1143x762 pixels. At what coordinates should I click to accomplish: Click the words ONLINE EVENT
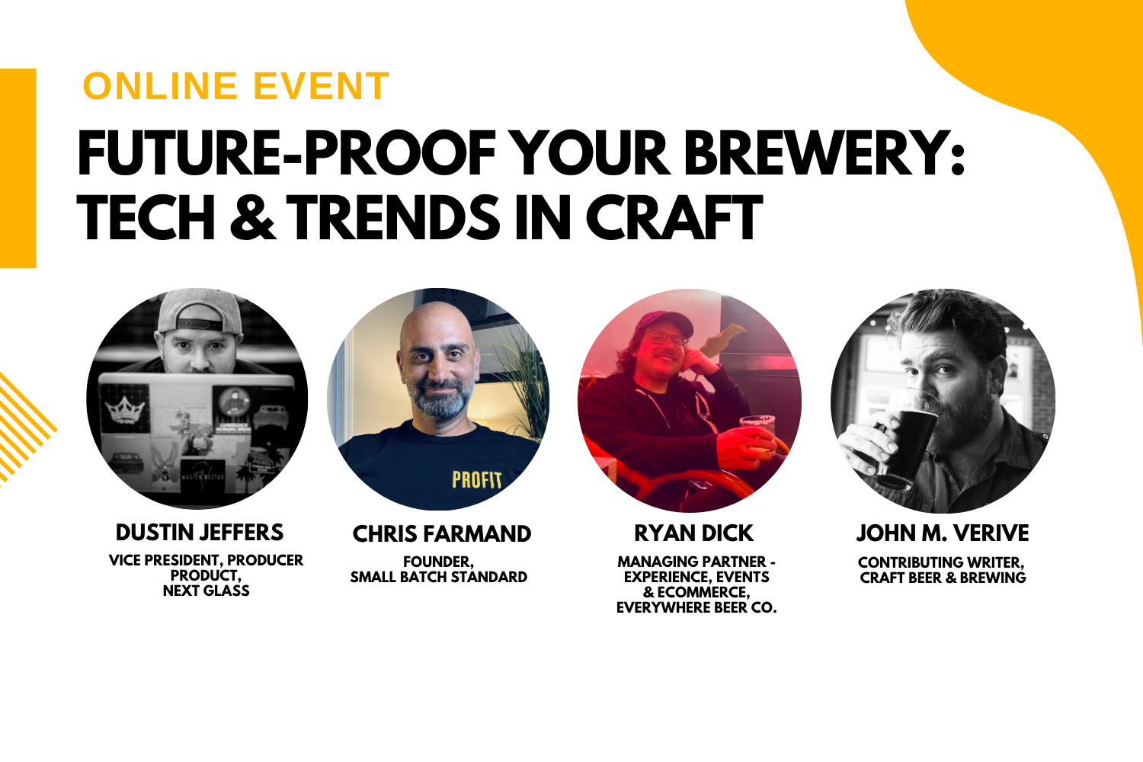click(x=236, y=86)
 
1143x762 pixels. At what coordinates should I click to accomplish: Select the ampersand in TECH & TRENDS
click(x=253, y=217)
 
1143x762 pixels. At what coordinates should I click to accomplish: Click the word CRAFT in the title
click(x=674, y=217)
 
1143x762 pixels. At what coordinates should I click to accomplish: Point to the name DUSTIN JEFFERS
click(x=200, y=533)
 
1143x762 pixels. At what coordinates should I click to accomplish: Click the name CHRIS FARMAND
click(x=442, y=534)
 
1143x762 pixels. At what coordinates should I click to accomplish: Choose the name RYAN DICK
click(x=693, y=533)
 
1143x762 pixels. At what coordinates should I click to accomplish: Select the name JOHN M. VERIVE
click(x=943, y=533)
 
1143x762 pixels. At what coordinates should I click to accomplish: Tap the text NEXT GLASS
click(x=207, y=591)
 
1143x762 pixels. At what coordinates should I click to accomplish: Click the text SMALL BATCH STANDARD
click(x=439, y=577)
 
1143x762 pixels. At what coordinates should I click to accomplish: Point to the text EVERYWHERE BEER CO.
click(x=696, y=607)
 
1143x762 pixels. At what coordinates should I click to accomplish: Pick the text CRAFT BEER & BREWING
click(x=943, y=578)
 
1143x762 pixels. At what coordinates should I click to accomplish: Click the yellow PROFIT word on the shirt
click(x=476, y=480)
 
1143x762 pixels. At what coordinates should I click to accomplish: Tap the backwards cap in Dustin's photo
click(x=200, y=312)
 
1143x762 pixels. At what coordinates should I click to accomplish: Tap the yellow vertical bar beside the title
click(x=18, y=168)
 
